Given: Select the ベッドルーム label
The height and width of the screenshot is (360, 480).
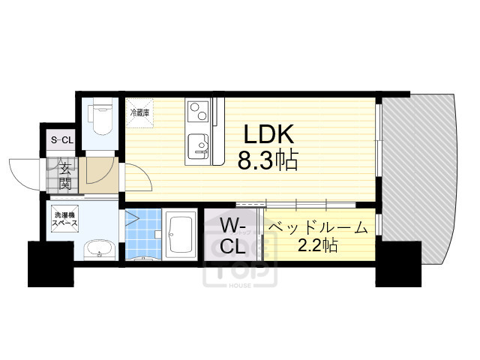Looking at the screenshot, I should click(x=318, y=226).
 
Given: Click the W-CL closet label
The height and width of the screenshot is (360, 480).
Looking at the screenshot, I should click(x=232, y=235).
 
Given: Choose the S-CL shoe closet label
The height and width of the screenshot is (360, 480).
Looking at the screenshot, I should click(x=61, y=139).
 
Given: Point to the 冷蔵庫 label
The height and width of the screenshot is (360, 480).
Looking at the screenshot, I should click(x=140, y=112).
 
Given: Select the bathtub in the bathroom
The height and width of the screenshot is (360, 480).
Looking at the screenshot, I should click(x=181, y=235).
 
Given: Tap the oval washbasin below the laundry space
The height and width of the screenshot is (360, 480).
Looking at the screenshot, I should click(x=98, y=249).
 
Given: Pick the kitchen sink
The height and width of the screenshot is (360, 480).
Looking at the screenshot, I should click(x=199, y=145).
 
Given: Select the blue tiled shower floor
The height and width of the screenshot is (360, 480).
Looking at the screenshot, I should click(x=142, y=232).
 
